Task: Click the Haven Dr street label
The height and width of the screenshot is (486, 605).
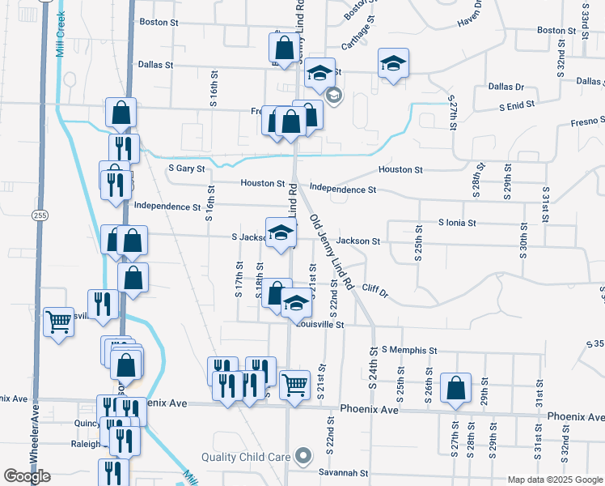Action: click(x=470, y=15)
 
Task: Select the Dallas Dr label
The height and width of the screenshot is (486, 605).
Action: click(x=506, y=86)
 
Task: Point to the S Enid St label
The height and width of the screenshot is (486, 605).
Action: click(x=517, y=105)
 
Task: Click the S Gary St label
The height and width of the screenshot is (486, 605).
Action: click(x=185, y=168)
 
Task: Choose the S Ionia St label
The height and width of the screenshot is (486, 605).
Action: click(x=458, y=222)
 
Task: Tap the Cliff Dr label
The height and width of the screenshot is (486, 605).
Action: click(x=375, y=289)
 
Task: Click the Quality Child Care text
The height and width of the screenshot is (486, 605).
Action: click(x=246, y=457)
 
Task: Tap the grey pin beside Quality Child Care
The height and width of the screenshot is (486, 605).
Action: click(x=302, y=456)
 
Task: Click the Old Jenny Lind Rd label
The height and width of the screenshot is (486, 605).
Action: click(x=332, y=252)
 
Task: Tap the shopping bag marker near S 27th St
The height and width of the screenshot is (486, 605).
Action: click(x=456, y=389)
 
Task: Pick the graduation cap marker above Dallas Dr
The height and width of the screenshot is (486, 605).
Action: click(x=393, y=64)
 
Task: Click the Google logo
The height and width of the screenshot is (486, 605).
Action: click(x=27, y=476)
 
